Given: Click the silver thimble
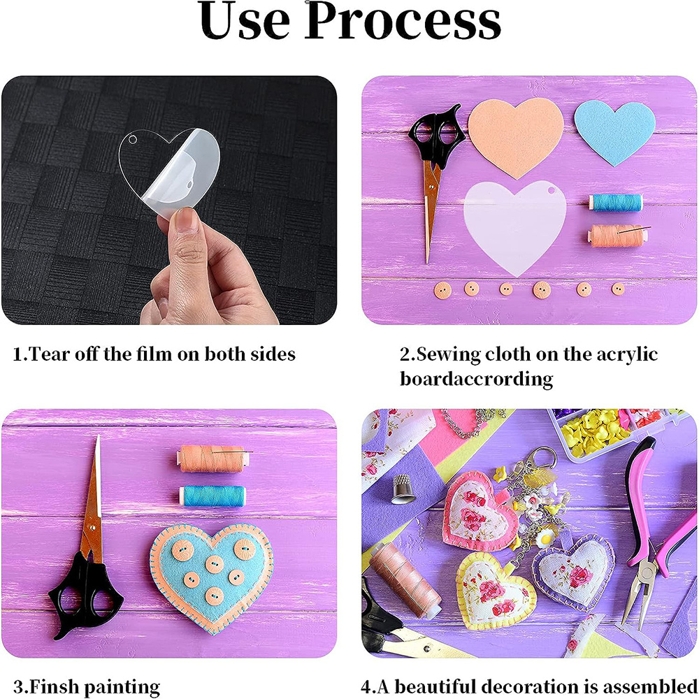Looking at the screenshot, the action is (403, 489).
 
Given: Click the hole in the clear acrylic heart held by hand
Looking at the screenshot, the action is (132, 140).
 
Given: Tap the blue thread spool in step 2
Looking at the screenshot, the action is (615, 203).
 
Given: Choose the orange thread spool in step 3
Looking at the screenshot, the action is (212, 459).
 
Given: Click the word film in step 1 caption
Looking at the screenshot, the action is (154, 354).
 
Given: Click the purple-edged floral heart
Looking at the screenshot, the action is (574, 571).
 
